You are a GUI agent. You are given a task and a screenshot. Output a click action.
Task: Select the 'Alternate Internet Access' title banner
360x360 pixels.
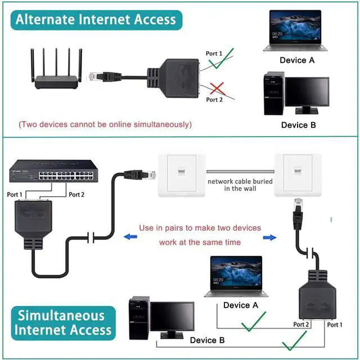(96, 20)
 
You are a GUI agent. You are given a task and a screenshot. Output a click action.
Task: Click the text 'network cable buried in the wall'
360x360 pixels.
(240, 185)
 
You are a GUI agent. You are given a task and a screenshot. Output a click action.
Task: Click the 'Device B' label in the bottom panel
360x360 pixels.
(207, 340)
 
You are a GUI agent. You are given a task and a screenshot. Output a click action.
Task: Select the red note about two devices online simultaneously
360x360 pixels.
(105, 124)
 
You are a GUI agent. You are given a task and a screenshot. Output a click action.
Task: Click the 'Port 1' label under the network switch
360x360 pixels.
(15, 195)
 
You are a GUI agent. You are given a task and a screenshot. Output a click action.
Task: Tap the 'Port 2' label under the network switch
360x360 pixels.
(76, 195)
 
